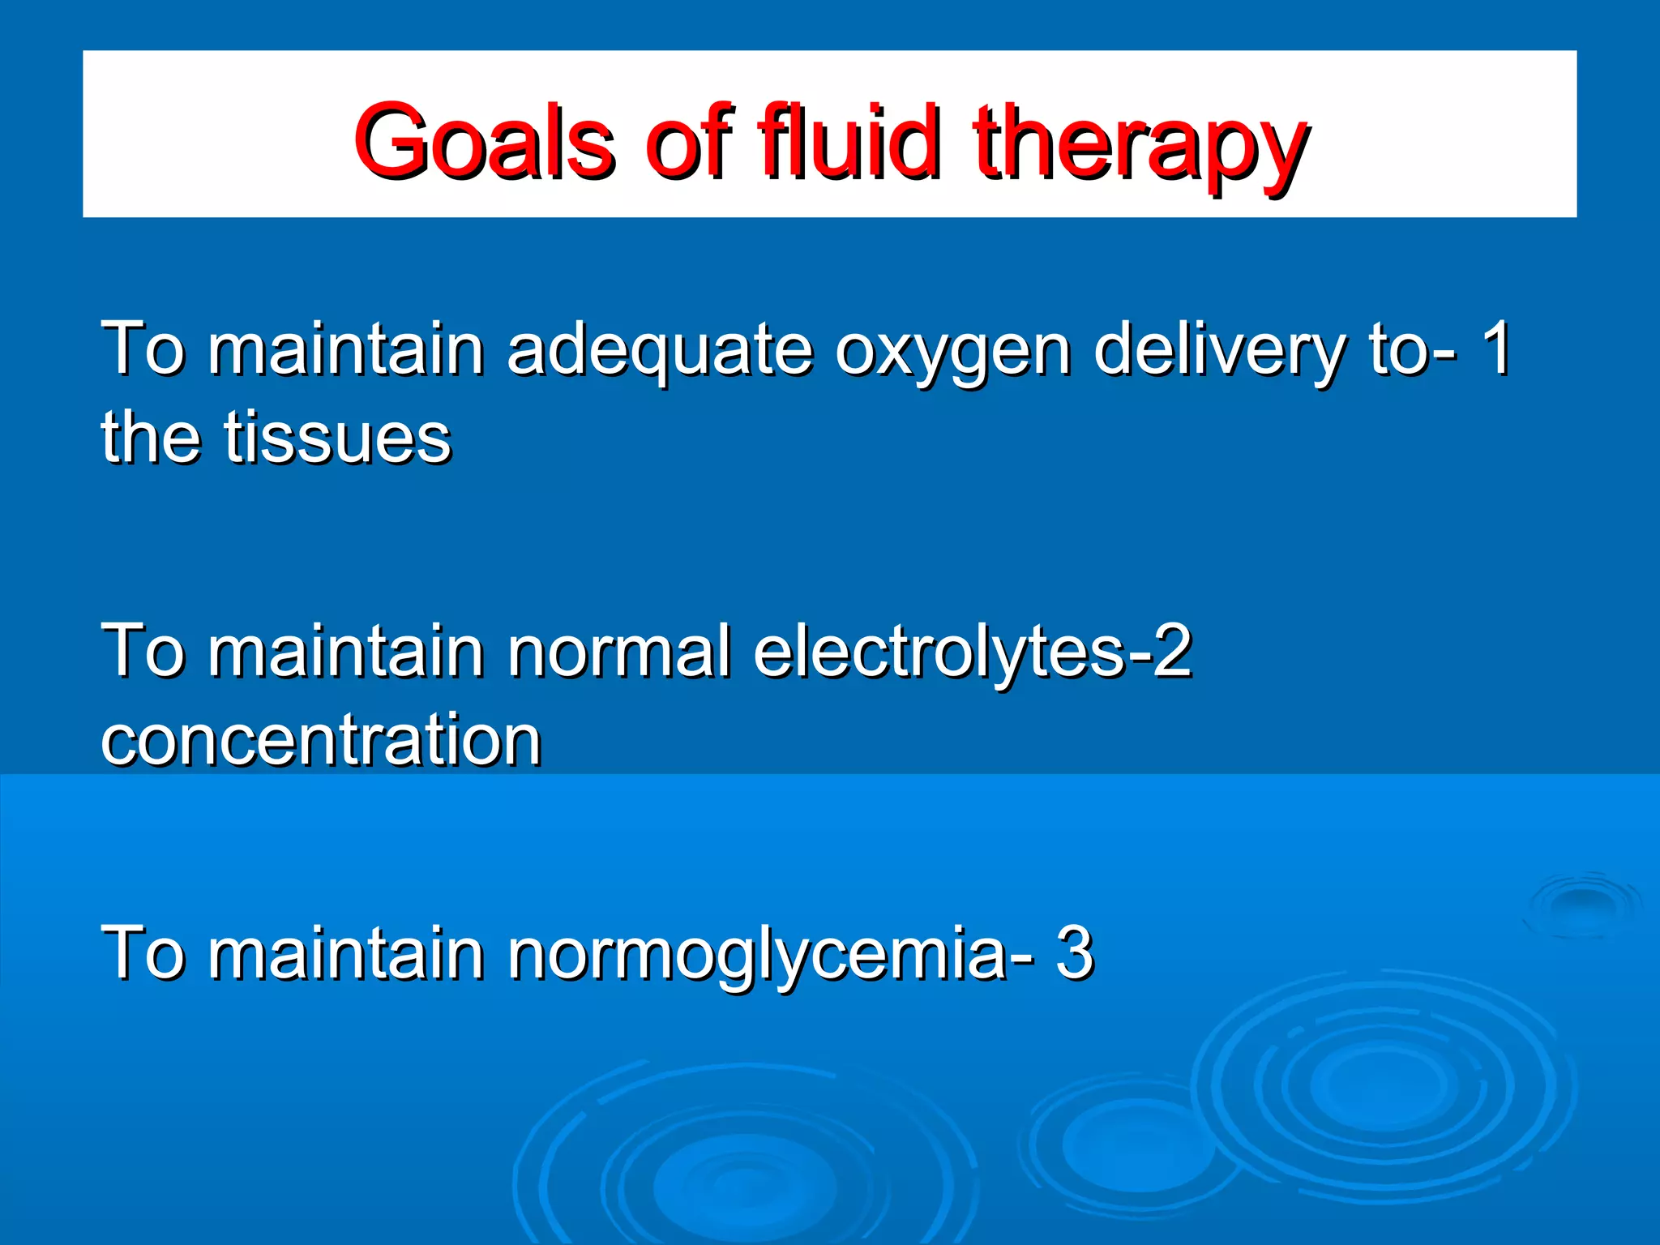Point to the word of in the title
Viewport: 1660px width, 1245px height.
pos(689,142)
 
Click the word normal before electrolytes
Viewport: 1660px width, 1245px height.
pos(619,650)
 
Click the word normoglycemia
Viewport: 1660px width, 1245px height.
pos(758,955)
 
